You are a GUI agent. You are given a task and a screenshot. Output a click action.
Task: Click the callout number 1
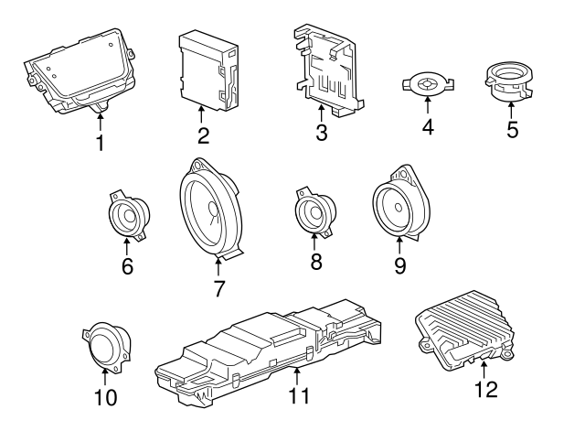(x=101, y=143)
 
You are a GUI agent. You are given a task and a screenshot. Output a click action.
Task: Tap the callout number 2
(x=203, y=136)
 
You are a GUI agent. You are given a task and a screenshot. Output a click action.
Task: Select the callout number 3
(x=321, y=134)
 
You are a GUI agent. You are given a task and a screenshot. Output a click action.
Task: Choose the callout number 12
(x=486, y=389)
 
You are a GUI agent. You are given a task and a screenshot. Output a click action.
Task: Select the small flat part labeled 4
(x=427, y=84)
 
